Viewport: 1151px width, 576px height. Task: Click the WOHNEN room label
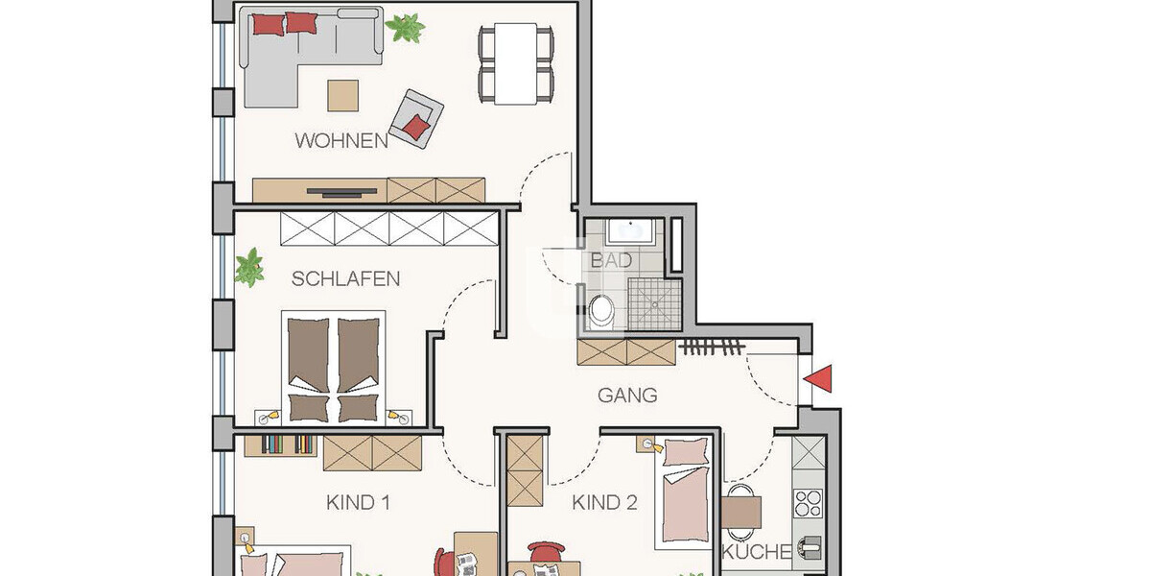[341, 141]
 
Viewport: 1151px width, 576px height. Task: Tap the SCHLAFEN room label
[345, 279]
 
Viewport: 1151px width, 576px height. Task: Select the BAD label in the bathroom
[611, 260]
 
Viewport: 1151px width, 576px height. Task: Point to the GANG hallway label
[627, 395]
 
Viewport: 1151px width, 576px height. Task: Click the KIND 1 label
[358, 502]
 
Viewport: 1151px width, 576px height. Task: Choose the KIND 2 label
[605, 502]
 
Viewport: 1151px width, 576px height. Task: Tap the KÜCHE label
[757, 552]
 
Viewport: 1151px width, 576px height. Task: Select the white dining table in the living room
[517, 64]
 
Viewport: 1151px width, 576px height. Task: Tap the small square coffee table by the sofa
[343, 95]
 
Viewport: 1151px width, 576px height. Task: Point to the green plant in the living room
[407, 26]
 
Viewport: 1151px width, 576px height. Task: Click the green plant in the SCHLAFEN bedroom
[250, 267]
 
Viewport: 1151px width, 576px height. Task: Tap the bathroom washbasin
[630, 229]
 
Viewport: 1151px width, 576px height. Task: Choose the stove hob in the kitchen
[808, 502]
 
